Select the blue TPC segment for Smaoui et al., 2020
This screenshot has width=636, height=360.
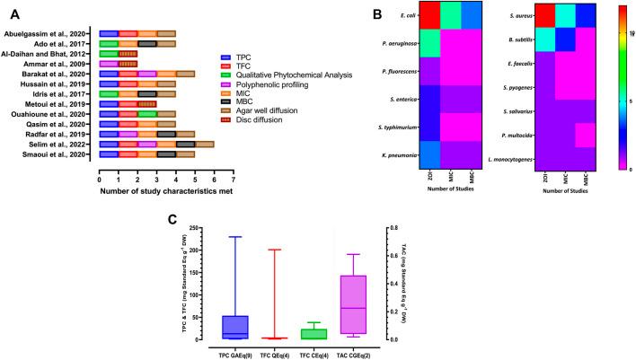pyautogui.click(x=109, y=154)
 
